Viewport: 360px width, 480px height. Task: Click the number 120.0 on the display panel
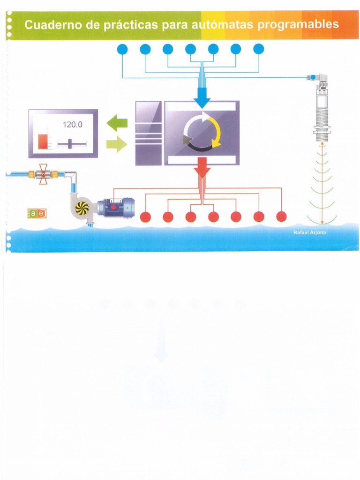(x=72, y=125)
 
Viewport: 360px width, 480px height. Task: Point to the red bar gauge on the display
(x=43, y=141)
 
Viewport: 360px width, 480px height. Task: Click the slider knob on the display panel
(x=70, y=143)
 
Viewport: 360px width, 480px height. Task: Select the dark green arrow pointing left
(x=117, y=124)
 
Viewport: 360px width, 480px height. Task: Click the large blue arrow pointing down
(x=202, y=98)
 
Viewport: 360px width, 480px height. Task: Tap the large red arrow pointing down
(x=202, y=168)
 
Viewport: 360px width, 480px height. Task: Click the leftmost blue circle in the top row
(x=122, y=49)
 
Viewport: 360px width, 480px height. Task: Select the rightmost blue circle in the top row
(x=259, y=49)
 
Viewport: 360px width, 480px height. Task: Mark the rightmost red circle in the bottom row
(x=281, y=216)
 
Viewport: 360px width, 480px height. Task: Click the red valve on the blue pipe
(x=43, y=174)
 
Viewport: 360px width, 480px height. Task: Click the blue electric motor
(x=117, y=207)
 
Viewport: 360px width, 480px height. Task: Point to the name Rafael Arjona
(x=306, y=233)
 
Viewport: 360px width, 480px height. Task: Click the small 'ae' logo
(x=37, y=213)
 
